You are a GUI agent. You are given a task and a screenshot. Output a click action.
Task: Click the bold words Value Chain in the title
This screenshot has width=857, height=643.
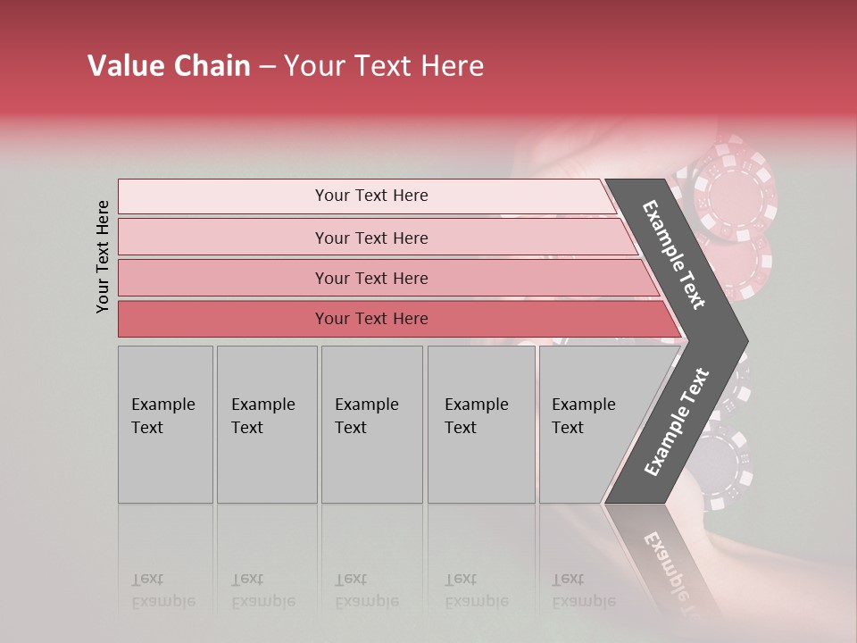[x=169, y=66]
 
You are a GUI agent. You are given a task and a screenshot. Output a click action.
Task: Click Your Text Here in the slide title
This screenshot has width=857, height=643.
[x=384, y=66]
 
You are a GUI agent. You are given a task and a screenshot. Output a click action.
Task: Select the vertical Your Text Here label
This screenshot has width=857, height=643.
[x=104, y=257]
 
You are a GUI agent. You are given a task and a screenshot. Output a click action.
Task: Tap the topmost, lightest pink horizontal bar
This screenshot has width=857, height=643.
[x=370, y=196]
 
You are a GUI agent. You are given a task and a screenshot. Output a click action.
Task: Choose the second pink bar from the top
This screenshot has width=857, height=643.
[x=370, y=238]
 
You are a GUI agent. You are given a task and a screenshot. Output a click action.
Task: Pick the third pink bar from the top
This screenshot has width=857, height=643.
[x=370, y=278]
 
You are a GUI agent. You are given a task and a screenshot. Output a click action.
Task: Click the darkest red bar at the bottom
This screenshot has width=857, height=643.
[x=370, y=319]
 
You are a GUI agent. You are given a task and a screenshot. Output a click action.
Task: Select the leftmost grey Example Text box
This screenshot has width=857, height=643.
[x=165, y=424]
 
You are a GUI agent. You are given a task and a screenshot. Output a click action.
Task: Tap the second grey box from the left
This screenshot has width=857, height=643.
[x=266, y=424]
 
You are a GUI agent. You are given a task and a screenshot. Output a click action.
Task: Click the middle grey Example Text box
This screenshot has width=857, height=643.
[x=371, y=424]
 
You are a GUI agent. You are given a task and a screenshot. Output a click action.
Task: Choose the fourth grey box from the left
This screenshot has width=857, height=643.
[x=480, y=424]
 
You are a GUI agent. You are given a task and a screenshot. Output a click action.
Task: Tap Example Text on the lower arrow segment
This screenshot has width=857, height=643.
[x=677, y=422]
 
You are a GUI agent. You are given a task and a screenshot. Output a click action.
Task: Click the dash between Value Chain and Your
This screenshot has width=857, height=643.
[x=267, y=67]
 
